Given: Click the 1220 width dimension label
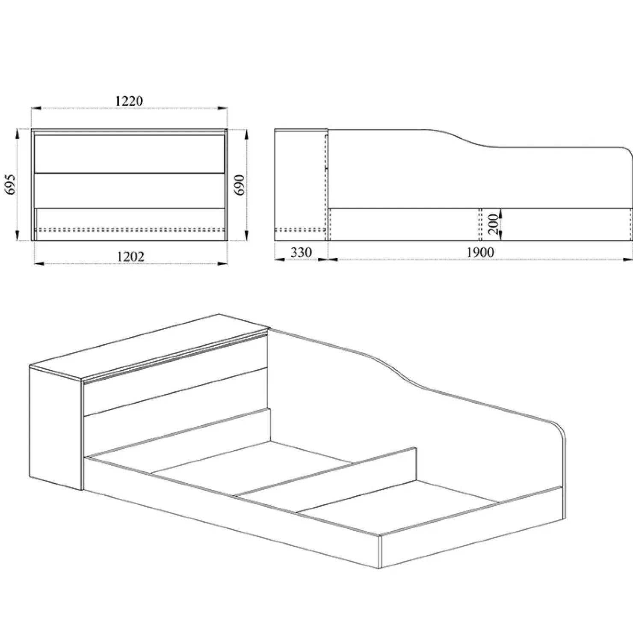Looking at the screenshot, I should click(x=129, y=101).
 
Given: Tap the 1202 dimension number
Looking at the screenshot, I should click(x=130, y=256).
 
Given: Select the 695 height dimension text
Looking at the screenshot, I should click(x=10, y=185).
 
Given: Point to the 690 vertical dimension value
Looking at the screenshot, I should click(x=240, y=185).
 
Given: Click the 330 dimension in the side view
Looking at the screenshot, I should click(x=301, y=253).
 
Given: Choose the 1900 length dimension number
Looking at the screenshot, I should click(x=480, y=253).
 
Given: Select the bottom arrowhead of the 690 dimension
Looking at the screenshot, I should click(x=247, y=237).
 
